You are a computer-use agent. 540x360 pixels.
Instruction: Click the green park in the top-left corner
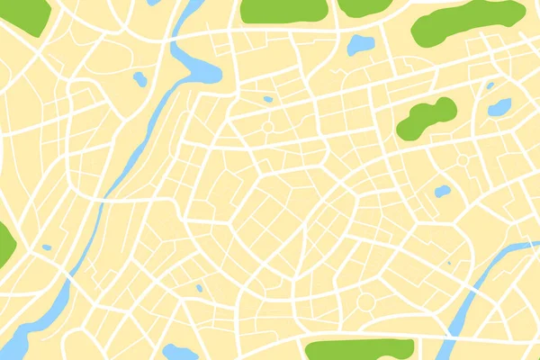(22, 13)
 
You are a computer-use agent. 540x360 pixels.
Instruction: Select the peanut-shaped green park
(426, 120)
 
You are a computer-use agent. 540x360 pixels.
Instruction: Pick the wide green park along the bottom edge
(358, 350)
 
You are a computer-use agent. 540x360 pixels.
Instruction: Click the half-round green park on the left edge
(4, 243)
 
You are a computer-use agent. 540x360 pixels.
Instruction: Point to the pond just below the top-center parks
(361, 44)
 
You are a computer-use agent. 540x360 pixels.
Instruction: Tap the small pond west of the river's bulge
(139, 79)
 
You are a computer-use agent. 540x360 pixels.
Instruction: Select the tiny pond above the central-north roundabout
(267, 99)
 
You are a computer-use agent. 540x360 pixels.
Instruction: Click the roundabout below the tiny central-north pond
(267, 127)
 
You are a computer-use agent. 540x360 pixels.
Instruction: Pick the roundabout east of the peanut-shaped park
(463, 160)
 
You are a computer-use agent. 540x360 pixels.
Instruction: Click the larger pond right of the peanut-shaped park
(499, 107)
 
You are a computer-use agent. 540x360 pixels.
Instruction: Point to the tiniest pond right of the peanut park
(490, 85)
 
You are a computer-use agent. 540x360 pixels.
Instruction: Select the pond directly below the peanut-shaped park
(442, 192)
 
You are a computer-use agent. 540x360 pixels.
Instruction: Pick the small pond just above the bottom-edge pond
(199, 288)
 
